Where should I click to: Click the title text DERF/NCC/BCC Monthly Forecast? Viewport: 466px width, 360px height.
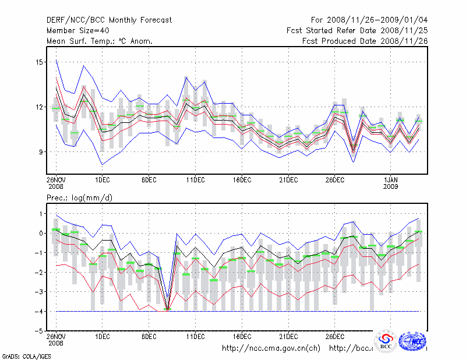click(110, 20)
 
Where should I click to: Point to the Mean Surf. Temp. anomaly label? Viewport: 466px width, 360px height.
click(100, 41)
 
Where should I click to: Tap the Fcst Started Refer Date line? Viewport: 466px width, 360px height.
click(357, 31)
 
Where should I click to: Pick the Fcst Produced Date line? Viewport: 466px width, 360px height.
click(365, 41)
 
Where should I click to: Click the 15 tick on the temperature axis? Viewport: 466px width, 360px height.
click(40, 62)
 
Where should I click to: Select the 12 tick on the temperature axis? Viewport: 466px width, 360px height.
click(40, 107)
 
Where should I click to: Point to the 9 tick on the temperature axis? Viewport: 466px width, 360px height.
click(41, 151)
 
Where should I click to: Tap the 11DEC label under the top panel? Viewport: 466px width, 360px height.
click(195, 180)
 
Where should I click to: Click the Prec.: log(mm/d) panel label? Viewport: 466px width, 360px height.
click(80, 198)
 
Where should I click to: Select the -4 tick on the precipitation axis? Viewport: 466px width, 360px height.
click(40, 311)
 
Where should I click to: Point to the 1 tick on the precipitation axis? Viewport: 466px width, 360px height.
click(41, 213)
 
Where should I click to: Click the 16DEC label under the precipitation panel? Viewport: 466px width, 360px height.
click(242, 336)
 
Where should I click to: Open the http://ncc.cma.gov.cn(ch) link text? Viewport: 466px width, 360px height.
click(271, 348)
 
